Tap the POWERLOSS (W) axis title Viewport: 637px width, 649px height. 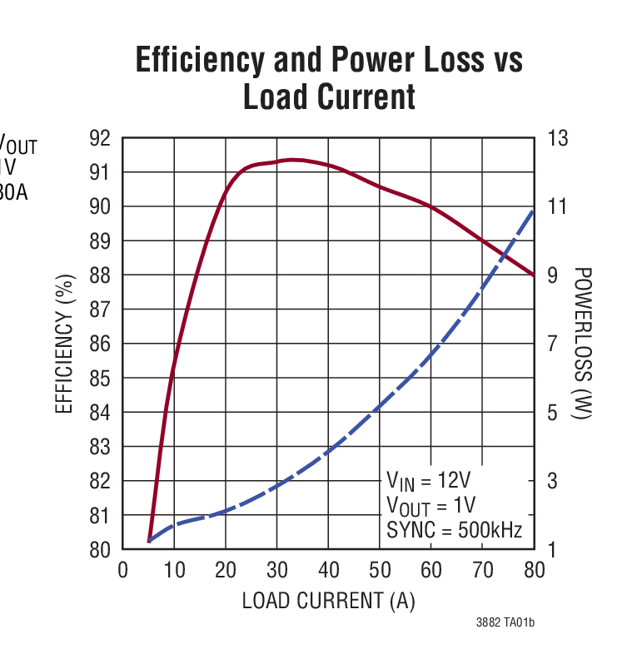coord(582,343)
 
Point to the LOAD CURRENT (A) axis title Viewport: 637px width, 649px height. coord(328,600)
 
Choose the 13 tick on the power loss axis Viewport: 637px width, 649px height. coord(557,138)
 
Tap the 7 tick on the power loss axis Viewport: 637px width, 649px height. coord(552,344)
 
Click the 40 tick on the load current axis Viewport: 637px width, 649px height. coord(328,570)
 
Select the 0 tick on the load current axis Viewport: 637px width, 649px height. coord(122,570)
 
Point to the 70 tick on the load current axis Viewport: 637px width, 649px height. coord(482,570)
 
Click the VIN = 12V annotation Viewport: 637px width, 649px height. coord(428,481)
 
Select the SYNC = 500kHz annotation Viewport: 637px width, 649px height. coord(454,529)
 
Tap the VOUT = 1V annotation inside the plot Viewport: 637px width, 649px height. coord(430,505)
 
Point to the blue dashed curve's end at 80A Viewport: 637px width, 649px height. coord(533,211)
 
